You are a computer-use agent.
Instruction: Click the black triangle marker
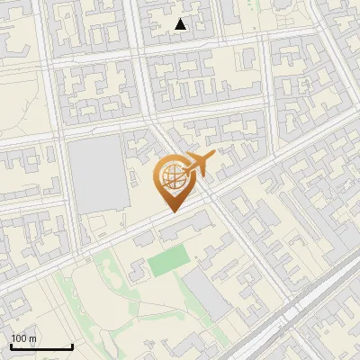[x=181, y=24]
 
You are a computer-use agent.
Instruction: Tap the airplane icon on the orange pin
[x=200, y=164]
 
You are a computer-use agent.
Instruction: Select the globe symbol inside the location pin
[x=172, y=179]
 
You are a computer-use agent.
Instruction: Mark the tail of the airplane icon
[x=186, y=171]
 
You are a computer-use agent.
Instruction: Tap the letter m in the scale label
[x=32, y=338]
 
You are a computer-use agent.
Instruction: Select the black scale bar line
[x=41, y=347]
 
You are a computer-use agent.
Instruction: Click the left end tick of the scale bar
[x=11, y=346]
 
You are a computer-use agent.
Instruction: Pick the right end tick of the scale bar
[x=72, y=346]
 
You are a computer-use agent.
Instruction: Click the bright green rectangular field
[x=166, y=263]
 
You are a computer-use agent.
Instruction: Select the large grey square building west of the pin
[x=97, y=175]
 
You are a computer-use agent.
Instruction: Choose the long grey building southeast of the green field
[x=208, y=295]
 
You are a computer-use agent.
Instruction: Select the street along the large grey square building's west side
[x=64, y=180]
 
